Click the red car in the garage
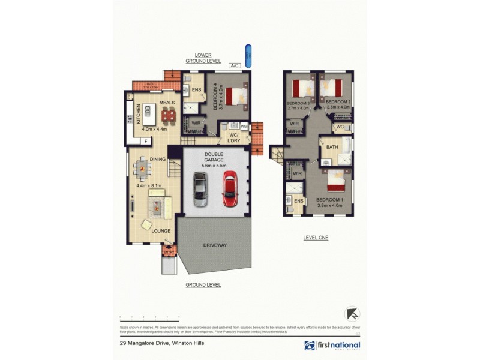pos(229,189)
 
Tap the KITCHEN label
pos(138,113)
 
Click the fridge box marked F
pos(145,141)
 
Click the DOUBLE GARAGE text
pos(213,157)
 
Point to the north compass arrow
pos(353,314)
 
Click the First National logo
pos(332,346)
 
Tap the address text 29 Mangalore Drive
pos(158,344)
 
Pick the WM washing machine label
pos(244,127)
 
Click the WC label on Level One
pos(340,127)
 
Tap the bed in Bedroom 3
pos(299,90)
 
